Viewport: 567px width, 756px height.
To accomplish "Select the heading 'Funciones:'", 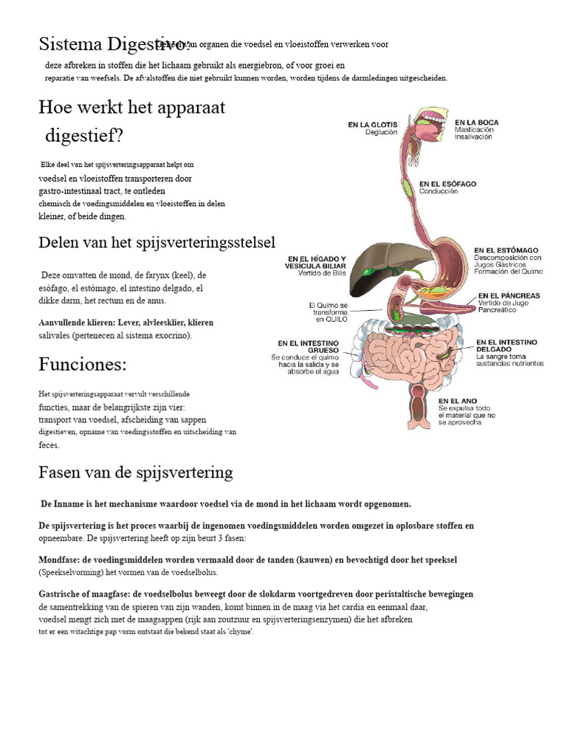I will (x=83, y=365).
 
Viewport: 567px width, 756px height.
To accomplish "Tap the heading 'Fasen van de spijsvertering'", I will (x=136, y=472).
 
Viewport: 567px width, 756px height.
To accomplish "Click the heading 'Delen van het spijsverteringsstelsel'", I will (x=157, y=243).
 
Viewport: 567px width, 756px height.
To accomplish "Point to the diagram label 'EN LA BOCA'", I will (x=476, y=123).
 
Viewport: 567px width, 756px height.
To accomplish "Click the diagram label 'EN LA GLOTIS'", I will (x=372, y=125).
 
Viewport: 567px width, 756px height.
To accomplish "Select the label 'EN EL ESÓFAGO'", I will (x=447, y=183).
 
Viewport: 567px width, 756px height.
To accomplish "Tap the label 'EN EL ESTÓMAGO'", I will (x=506, y=250).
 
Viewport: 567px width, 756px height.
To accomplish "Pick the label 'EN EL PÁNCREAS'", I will (x=509, y=295).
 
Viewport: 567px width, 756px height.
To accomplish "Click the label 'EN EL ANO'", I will (x=456, y=400).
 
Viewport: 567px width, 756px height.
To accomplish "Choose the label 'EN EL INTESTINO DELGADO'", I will (x=506, y=346).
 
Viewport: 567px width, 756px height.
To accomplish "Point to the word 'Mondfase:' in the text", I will (x=60, y=560).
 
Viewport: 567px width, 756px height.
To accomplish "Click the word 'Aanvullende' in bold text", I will (x=63, y=323).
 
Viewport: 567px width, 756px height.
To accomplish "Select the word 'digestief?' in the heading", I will (x=84, y=136).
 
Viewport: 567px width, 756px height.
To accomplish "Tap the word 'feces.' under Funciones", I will (x=49, y=445).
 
